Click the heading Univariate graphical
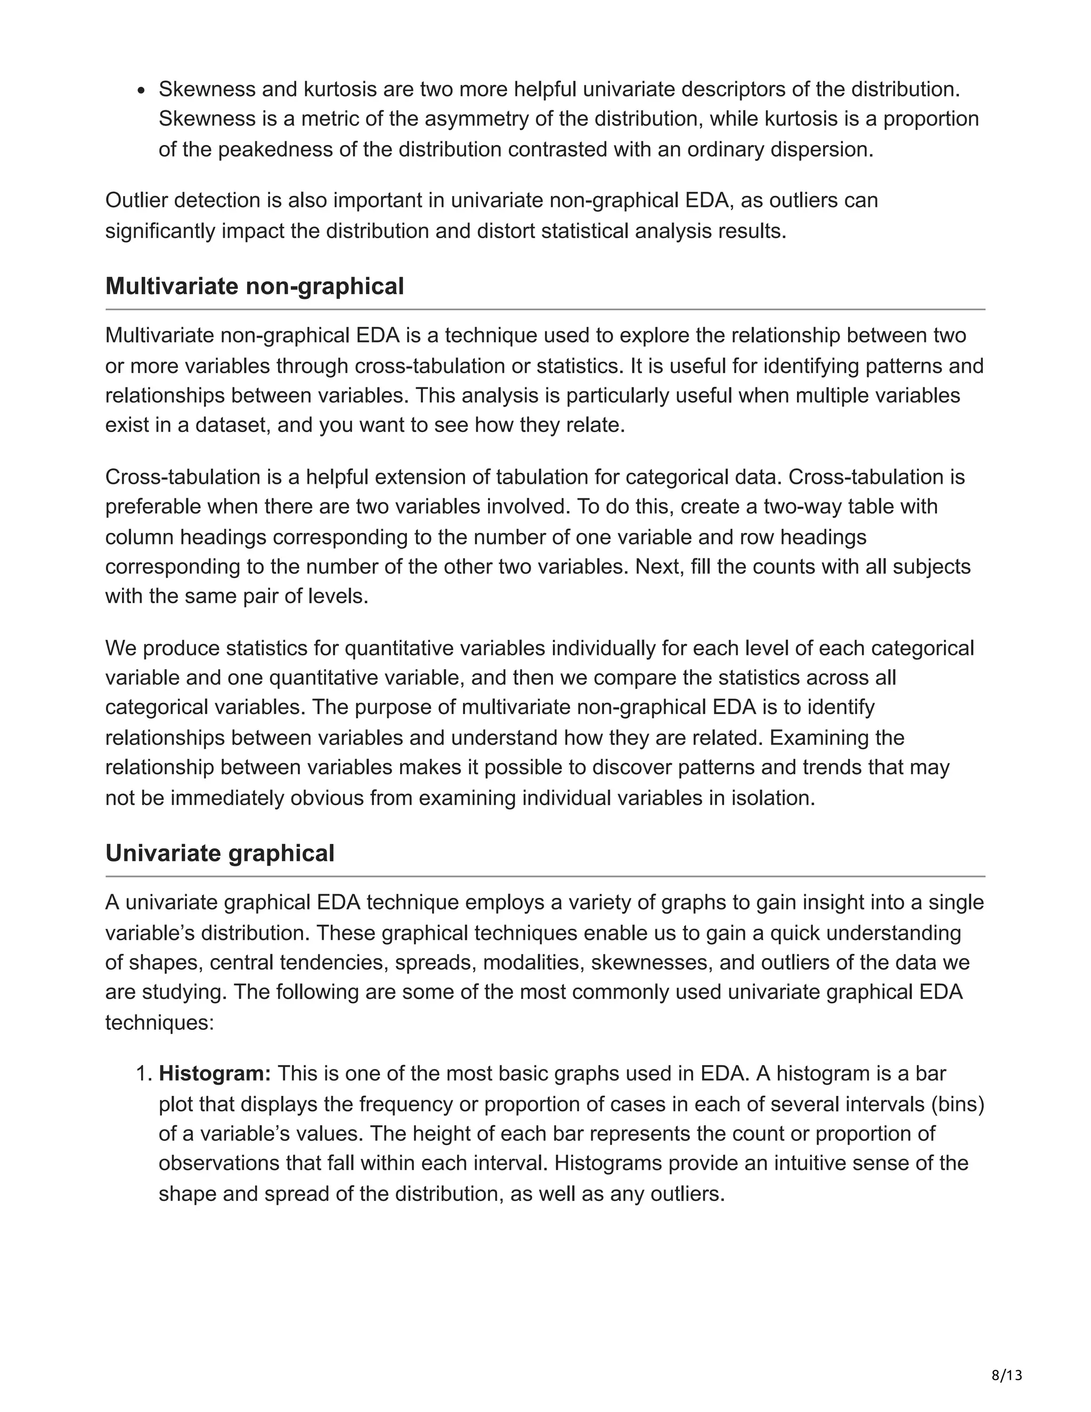pyautogui.click(x=220, y=854)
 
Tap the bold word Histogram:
pyautogui.click(x=215, y=1073)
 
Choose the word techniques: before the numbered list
pyautogui.click(x=159, y=1023)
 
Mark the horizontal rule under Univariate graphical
pyautogui.click(x=545, y=877)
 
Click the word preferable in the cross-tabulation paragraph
pyautogui.click(x=153, y=506)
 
